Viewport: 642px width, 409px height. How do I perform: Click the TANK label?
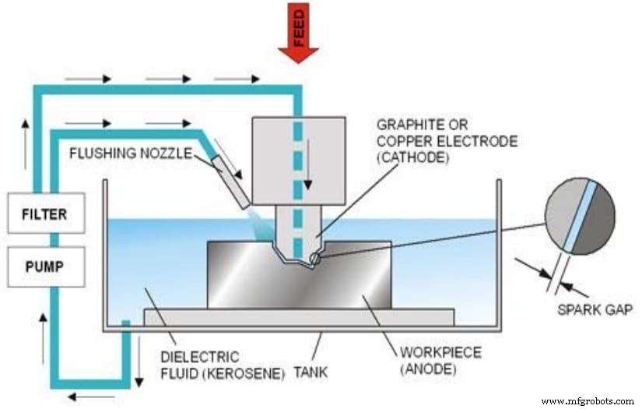pyautogui.click(x=310, y=372)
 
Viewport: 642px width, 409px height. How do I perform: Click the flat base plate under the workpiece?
pyautogui.click(x=299, y=316)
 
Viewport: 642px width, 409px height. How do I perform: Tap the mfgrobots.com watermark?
pyautogui.click(x=587, y=401)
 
